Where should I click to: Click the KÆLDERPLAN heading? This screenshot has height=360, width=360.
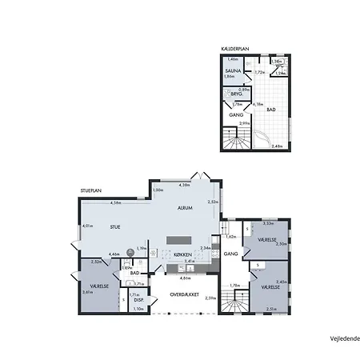coord(236,49)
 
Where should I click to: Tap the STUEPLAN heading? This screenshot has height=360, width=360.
coord(90,191)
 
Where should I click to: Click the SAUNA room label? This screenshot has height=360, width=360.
coord(233,70)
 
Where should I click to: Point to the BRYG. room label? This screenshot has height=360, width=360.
coord(236,93)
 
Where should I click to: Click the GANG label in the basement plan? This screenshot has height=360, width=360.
coord(236,115)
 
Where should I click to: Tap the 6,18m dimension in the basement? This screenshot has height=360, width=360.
coord(258,104)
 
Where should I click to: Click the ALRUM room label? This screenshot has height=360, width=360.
coord(186,208)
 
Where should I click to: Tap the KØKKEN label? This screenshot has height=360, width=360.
coord(183,255)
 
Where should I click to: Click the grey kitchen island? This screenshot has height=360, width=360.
coord(179,241)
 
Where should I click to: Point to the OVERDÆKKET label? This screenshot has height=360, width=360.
coord(184,294)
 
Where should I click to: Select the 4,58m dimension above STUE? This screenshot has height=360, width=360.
coord(116,203)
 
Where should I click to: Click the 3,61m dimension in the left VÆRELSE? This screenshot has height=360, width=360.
coord(86,292)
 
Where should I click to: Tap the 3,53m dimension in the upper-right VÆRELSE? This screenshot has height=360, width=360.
coord(268,223)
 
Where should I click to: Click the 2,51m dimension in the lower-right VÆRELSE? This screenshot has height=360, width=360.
coord(271,309)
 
